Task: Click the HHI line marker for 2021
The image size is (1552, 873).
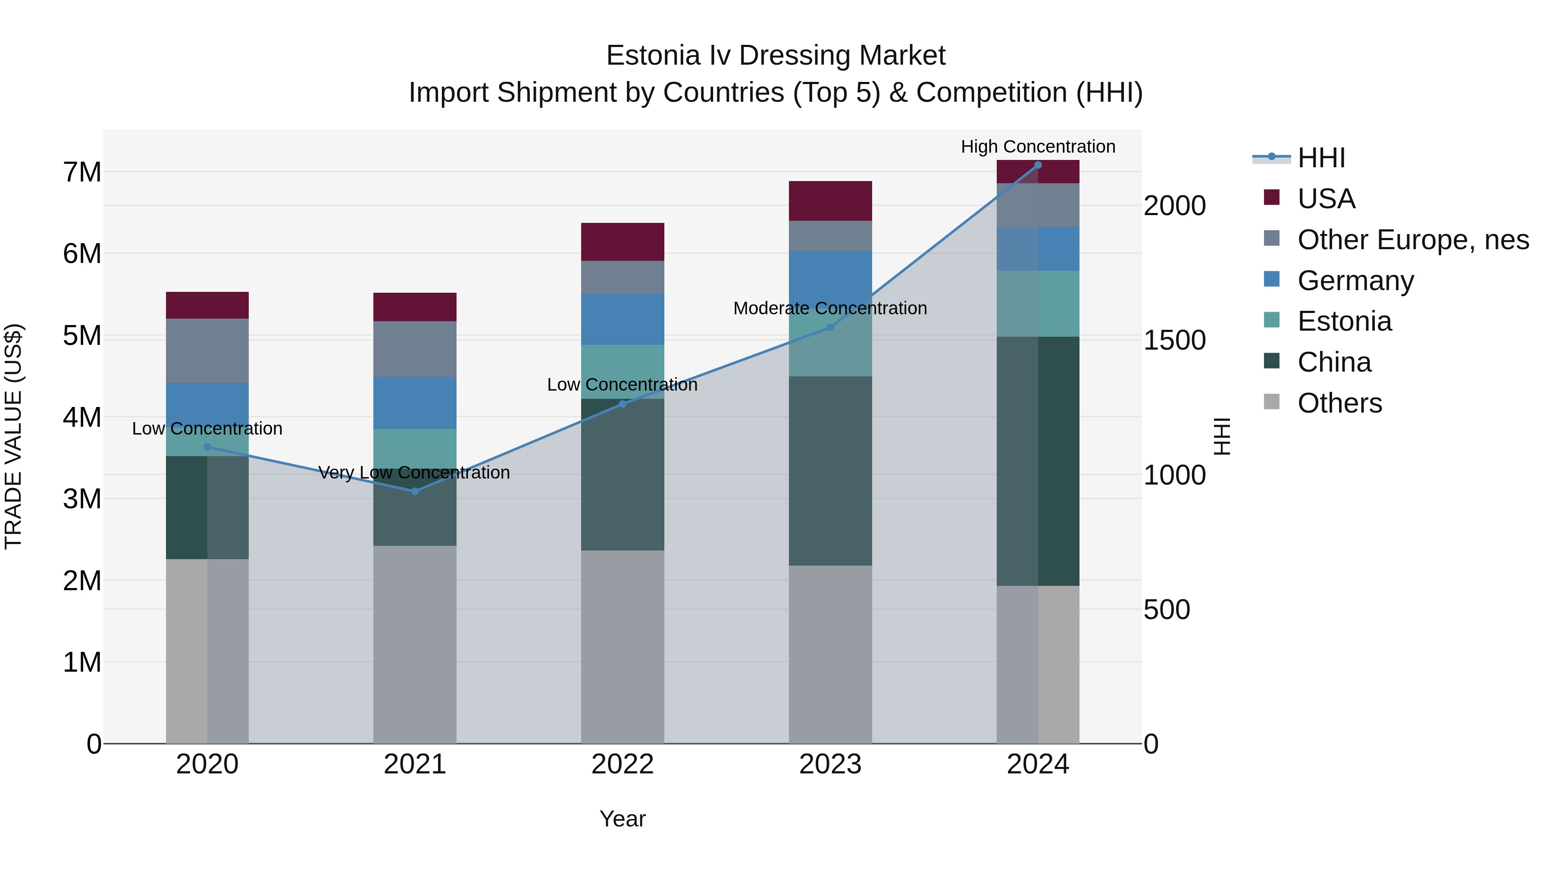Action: (x=414, y=491)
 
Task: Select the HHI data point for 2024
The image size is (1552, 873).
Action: (x=1038, y=165)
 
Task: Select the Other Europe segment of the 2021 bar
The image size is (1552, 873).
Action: (x=414, y=349)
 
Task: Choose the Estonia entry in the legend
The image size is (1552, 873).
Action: (x=1344, y=321)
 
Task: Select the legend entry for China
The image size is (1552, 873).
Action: (x=1334, y=362)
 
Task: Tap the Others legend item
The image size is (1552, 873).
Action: (x=1339, y=403)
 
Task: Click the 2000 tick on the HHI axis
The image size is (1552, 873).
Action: (x=1174, y=206)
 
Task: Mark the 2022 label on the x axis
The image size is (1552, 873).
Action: (x=623, y=764)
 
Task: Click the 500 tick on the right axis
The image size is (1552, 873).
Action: (x=1167, y=610)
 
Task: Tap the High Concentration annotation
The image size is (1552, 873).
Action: (x=1038, y=147)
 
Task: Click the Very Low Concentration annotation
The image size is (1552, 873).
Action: (x=414, y=472)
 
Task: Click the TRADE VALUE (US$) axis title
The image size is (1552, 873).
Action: (x=13, y=436)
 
